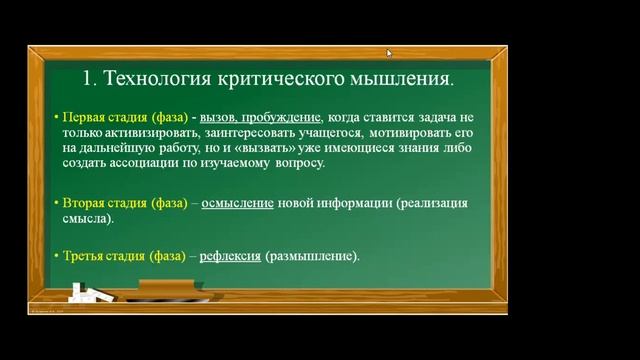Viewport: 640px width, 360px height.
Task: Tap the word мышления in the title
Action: [x=401, y=77]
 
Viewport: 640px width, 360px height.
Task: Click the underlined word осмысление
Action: [x=238, y=203]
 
